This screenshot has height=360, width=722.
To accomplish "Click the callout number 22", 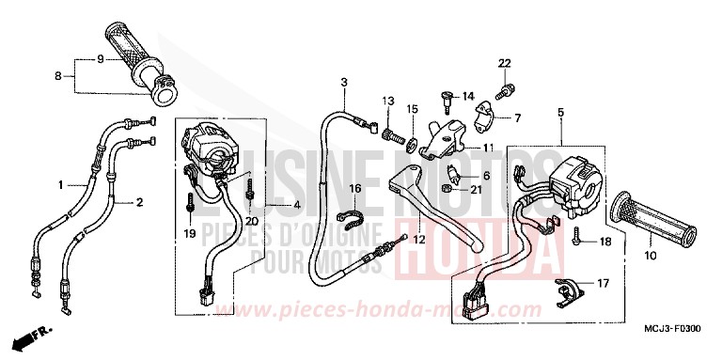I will [x=504, y=63].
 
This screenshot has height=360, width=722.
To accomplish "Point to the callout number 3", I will [x=344, y=83].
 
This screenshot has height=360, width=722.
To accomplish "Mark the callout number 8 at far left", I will [x=57, y=75].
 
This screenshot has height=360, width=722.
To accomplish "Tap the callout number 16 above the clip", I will [x=356, y=188].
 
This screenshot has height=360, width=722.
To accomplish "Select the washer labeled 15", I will [x=412, y=142].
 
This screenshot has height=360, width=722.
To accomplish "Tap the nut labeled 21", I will [x=450, y=188].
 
